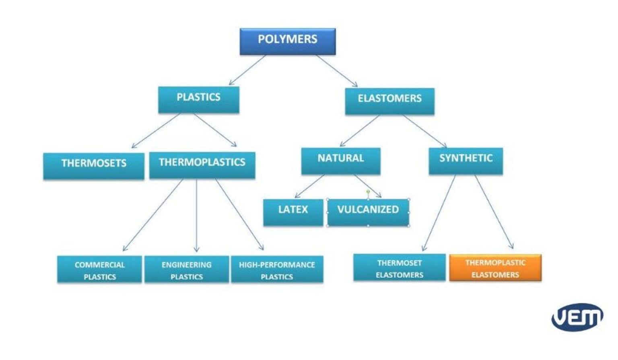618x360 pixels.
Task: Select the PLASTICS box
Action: (198, 99)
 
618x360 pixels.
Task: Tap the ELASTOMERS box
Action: (389, 101)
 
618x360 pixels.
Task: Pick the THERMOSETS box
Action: (93, 165)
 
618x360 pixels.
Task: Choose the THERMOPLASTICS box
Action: (202, 165)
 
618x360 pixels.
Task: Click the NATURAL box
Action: (340, 160)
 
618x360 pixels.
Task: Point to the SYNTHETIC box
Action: (466, 160)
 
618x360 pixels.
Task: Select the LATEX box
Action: (293, 212)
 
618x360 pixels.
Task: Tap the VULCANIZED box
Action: (368, 212)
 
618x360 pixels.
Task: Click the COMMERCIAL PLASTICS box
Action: (99, 269)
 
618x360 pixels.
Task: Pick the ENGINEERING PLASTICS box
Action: (187, 269)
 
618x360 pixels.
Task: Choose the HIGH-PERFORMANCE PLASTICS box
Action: (277, 269)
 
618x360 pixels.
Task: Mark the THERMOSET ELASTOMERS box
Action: (399, 267)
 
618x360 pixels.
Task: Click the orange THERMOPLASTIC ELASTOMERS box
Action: (495, 267)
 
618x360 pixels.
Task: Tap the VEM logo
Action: (577, 317)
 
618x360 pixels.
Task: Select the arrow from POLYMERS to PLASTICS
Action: (247, 70)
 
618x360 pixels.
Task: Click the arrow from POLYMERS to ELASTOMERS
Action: (336, 71)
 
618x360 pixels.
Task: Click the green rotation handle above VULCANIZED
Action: (368, 192)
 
